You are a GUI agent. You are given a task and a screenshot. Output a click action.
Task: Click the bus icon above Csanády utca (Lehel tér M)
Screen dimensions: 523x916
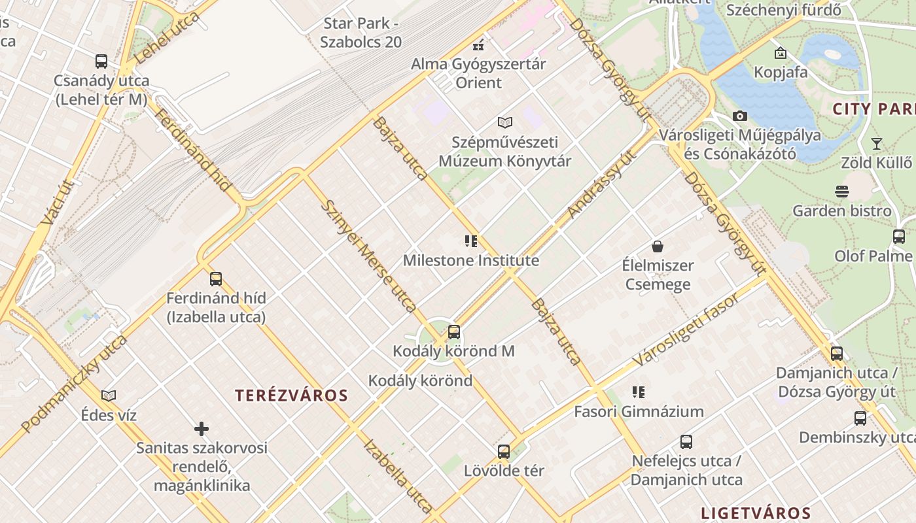point(101,61)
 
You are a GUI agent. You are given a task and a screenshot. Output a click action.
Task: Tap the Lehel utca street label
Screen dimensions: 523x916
point(167,38)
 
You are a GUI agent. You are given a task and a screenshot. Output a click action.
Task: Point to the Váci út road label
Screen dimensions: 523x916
point(56,203)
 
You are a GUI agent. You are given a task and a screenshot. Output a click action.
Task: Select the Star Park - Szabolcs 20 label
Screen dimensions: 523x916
point(361,33)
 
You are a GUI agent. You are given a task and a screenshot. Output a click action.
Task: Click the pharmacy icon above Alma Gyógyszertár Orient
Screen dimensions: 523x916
point(478,45)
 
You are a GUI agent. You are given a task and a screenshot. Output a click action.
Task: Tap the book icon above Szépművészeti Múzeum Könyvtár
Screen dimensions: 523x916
point(504,122)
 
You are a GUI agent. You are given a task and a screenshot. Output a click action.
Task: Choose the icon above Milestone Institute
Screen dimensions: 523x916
point(471,241)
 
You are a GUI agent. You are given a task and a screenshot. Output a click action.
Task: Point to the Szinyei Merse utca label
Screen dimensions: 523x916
point(368,256)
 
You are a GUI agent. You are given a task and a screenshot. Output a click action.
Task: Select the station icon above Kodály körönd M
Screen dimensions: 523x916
point(454,332)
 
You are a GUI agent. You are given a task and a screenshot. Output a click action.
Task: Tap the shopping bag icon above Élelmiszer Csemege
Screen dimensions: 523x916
point(658,246)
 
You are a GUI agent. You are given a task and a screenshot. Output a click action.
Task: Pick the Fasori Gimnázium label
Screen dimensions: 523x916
point(639,411)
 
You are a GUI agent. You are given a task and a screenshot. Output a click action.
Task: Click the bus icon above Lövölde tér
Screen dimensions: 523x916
point(504,451)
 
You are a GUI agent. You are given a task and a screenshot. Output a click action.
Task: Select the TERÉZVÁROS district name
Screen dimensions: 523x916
point(292,395)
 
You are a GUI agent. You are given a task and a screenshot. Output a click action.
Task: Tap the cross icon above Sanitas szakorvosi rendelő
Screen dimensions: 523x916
point(202,429)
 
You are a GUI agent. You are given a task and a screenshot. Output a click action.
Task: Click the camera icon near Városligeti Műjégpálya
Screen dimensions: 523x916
point(740,116)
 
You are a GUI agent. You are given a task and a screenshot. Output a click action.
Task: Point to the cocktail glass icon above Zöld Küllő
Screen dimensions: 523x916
point(877,143)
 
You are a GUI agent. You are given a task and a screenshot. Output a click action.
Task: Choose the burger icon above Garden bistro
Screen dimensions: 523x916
point(842,192)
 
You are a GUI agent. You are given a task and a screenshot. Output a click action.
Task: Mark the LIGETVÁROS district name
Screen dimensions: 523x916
point(756,513)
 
